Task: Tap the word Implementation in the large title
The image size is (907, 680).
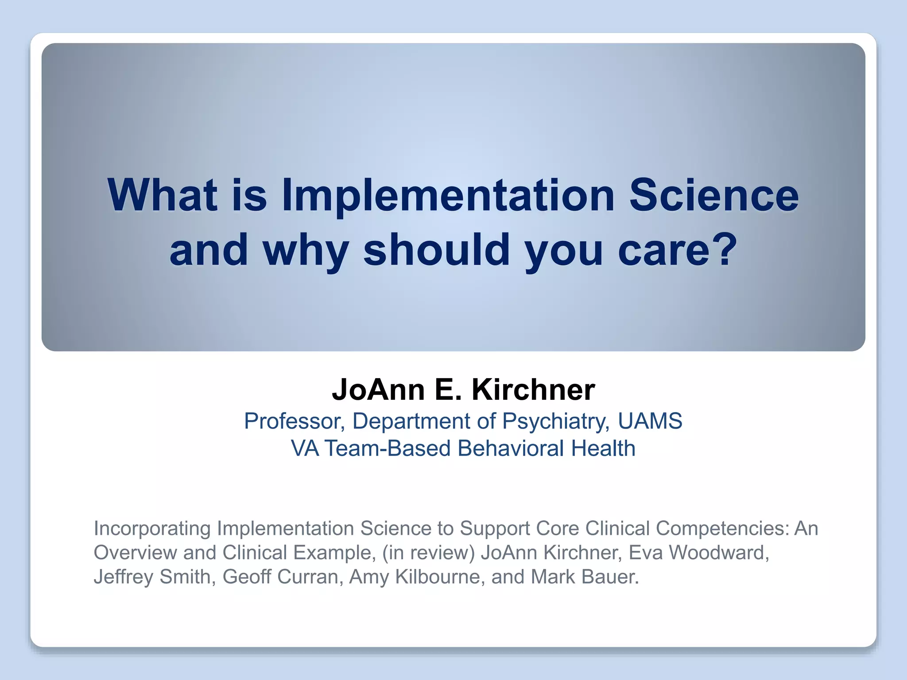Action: click(x=448, y=195)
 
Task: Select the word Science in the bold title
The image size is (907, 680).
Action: click(x=714, y=195)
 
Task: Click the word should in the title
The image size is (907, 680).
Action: click(x=436, y=250)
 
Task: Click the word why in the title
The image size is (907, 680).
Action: click(x=306, y=251)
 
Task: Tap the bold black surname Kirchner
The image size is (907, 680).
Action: click(x=533, y=390)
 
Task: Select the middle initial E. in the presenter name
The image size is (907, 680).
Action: click(x=448, y=390)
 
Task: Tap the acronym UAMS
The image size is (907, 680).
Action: click(x=650, y=421)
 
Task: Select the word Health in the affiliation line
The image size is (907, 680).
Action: click(x=603, y=448)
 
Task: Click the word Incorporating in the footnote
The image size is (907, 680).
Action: click(x=152, y=529)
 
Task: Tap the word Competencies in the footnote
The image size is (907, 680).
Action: click(x=722, y=529)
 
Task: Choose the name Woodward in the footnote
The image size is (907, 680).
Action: click(x=718, y=552)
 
